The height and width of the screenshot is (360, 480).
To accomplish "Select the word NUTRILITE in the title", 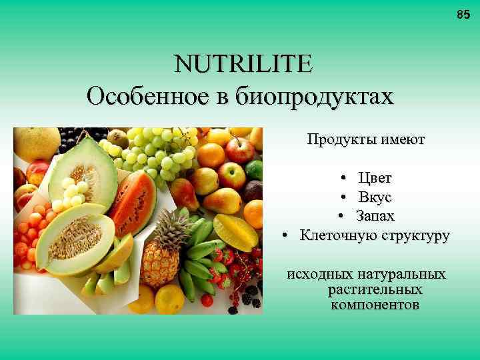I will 243,65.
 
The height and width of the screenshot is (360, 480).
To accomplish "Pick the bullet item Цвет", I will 375,178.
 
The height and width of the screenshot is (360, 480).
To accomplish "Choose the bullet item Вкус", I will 375,197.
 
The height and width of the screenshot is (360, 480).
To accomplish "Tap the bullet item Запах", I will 375,216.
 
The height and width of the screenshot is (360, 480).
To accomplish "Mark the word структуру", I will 414,235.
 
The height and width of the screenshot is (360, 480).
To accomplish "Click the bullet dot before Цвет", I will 341,179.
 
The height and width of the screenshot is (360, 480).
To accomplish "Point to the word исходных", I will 319,275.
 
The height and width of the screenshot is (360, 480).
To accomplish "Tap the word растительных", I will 375,290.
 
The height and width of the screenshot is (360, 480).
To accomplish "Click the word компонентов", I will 375,305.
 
